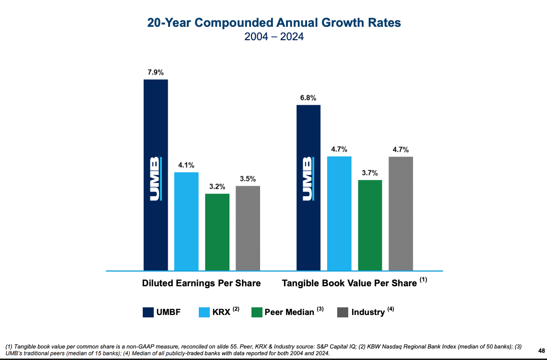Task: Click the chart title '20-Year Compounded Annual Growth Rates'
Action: click(273, 23)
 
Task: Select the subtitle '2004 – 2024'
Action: click(273, 37)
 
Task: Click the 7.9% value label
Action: click(156, 73)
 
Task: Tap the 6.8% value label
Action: click(308, 98)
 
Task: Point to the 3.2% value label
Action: click(217, 187)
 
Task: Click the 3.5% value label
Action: click(248, 179)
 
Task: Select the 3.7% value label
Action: click(370, 173)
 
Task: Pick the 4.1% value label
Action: click(186, 165)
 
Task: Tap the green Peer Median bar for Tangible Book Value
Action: click(370, 225)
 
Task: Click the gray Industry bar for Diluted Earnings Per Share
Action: click(248, 228)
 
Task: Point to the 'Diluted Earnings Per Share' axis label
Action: click(201, 283)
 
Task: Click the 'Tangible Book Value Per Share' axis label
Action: click(349, 283)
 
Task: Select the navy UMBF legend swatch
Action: click(148, 312)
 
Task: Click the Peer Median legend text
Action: click(289, 312)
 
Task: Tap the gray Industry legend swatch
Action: click(342, 312)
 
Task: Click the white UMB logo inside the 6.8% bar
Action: click(308, 178)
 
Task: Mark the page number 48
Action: click(542, 350)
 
